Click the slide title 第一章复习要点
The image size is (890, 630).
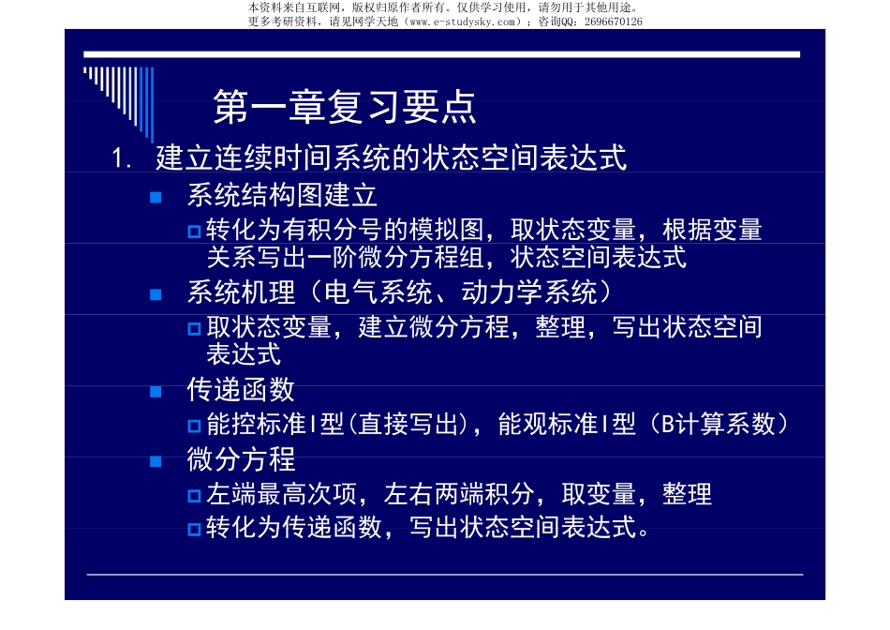[345, 108]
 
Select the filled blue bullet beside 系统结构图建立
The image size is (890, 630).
[156, 197]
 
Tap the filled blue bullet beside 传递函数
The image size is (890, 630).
[156, 390]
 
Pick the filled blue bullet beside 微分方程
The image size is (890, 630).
[156, 460]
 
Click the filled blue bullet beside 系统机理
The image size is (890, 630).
[156, 294]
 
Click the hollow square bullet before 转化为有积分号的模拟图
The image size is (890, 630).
[194, 232]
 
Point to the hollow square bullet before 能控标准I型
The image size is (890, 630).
[194, 426]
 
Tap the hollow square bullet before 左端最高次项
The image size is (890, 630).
[194, 495]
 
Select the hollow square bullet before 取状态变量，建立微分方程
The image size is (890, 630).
[194, 329]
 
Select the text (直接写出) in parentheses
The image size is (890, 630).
[408, 425]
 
